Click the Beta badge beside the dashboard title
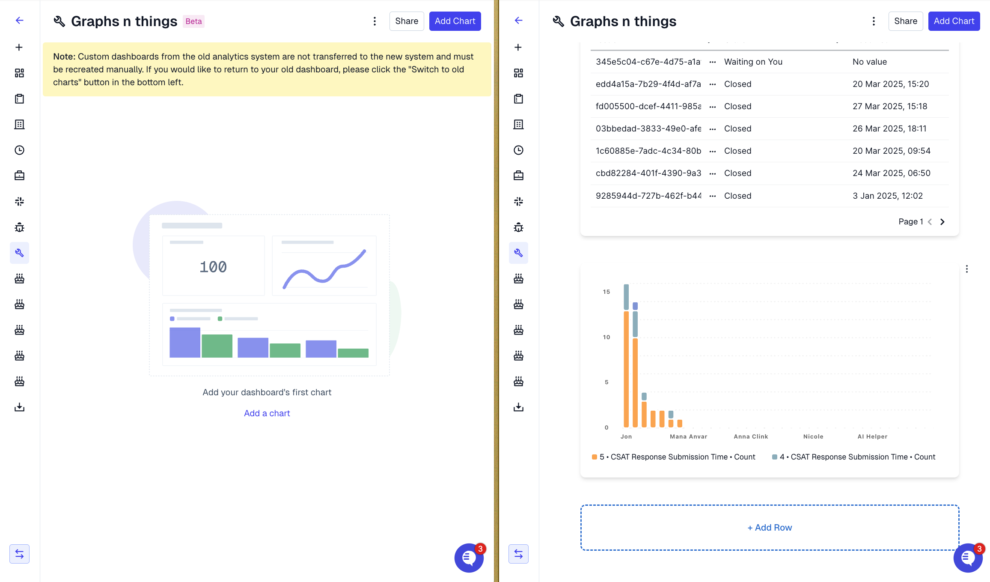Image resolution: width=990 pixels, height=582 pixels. tap(193, 21)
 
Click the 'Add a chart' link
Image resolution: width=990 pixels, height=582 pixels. tap(267, 413)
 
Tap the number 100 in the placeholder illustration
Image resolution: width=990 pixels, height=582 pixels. tap(213, 267)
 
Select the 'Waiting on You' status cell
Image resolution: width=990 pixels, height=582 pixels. tap(753, 62)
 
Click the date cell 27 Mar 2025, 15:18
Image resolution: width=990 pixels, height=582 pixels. tap(889, 106)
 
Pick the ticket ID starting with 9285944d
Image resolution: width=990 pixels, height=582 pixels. tap(648, 196)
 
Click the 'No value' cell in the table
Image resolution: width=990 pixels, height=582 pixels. tap(869, 62)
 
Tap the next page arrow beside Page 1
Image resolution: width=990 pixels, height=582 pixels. tap(942, 222)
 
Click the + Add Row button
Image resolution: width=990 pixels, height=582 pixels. tap(769, 528)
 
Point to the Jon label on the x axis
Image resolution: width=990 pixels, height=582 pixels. tap(626, 436)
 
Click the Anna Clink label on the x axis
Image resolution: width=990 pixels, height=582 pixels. tap(750, 436)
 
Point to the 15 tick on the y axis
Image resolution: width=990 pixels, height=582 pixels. tap(606, 292)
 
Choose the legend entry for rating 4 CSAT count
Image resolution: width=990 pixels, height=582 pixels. tap(853, 457)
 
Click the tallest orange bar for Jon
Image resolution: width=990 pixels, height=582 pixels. tap(626, 368)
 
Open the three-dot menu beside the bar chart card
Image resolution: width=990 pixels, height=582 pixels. tap(966, 269)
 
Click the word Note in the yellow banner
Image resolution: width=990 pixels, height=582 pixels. tap(64, 57)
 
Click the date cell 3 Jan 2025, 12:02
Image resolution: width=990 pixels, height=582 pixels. tap(887, 196)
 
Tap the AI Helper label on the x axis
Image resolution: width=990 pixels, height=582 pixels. tap(872, 436)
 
